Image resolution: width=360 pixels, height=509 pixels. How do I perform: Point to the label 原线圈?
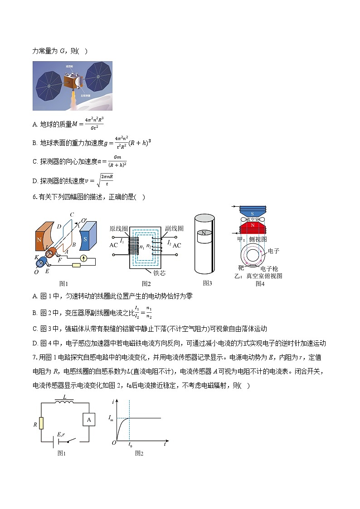[119, 229]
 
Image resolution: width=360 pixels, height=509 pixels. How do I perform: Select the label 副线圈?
[173, 229]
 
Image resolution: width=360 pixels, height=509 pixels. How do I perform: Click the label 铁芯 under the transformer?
[166, 273]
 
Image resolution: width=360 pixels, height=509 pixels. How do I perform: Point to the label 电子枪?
[269, 269]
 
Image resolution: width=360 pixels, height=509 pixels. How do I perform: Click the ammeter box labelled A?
[89, 420]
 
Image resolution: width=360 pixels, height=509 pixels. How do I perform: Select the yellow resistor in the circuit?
[41, 423]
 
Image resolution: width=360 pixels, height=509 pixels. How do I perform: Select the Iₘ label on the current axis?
[112, 417]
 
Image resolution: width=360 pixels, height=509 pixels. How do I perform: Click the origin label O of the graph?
[114, 443]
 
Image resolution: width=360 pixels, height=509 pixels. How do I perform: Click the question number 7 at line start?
[35, 358]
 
